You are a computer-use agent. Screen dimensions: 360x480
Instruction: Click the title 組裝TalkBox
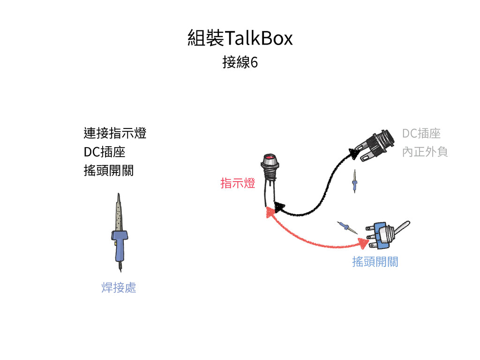240,38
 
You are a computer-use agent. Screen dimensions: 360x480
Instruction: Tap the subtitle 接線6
240,62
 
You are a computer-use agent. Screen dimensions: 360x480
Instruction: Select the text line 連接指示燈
115,133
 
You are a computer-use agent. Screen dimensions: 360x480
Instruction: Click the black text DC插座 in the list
104,152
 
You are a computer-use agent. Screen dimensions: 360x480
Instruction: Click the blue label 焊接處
119,287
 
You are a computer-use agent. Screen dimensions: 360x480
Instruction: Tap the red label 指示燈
238,183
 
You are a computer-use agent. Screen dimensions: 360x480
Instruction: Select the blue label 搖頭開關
375,262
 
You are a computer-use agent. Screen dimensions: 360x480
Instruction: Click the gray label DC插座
421,134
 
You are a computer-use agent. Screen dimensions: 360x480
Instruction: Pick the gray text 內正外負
425,152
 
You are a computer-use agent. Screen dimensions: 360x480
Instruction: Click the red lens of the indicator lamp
269,158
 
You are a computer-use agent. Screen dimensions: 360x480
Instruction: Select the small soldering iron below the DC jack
355,182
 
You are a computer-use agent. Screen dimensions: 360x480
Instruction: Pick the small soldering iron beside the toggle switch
347,228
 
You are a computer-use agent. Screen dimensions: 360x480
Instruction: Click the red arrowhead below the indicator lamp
270,212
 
